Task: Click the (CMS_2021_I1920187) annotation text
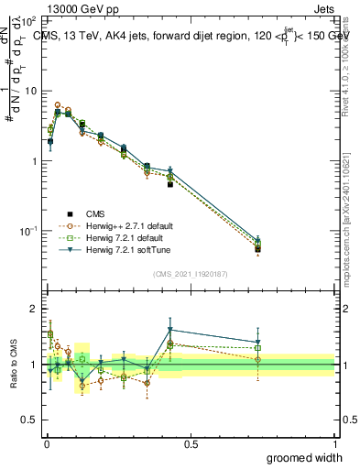[x=190, y=273]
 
